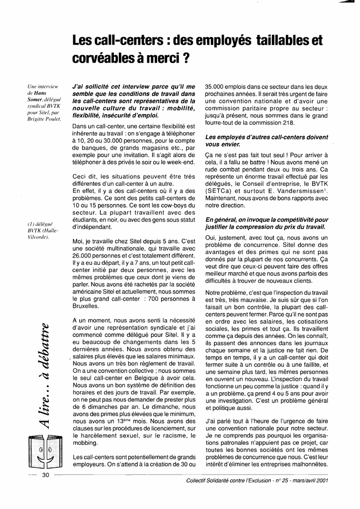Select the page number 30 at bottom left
click(45, 475)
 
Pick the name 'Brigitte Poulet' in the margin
click(45, 119)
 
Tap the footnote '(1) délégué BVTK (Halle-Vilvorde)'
click(44, 230)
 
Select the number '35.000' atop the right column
click(215, 86)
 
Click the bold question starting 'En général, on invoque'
click(267, 223)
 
